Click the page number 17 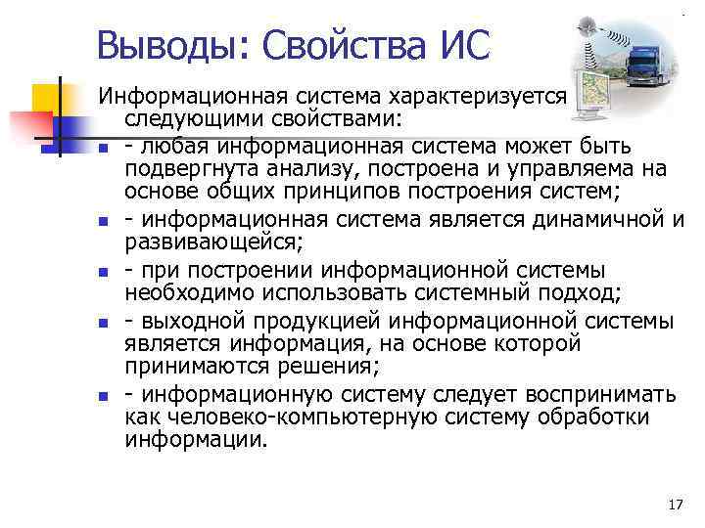(x=674, y=505)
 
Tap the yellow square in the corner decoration (x=48, y=99)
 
